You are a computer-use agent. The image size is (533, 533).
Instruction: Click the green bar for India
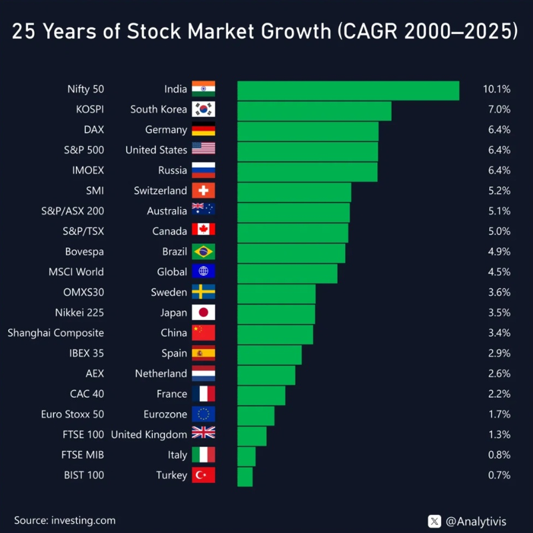[348, 90]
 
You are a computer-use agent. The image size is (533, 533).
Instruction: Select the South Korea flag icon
[203, 110]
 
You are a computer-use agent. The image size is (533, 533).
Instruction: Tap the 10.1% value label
[496, 89]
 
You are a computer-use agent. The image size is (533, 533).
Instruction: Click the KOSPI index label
[90, 109]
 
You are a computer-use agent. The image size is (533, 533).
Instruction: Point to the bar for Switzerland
[294, 191]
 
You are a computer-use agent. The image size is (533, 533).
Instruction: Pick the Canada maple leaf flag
[203, 231]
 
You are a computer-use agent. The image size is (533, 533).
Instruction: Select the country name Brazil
[175, 252]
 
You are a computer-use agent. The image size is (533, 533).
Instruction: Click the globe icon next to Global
[203, 272]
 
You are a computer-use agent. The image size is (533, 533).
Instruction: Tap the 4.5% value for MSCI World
[499, 272]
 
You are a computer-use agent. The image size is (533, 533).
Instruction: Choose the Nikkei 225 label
[79, 312]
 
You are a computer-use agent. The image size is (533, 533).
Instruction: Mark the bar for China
[274, 333]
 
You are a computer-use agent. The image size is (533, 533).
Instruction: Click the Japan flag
[203, 312]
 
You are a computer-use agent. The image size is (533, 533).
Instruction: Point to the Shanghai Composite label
[56, 333]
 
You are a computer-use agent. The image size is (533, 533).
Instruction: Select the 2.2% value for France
[499, 394]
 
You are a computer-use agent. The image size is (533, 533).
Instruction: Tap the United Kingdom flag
[203, 434]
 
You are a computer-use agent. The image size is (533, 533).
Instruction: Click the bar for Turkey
[245, 476]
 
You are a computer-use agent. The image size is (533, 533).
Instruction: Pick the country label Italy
[177, 455]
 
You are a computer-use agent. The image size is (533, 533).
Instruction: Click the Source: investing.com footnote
[65, 520]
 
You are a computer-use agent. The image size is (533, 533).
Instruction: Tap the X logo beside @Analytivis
[435, 521]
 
